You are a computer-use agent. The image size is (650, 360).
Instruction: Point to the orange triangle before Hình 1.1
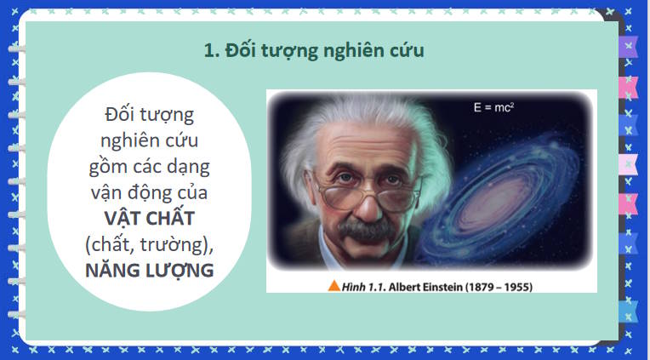click(334, 286)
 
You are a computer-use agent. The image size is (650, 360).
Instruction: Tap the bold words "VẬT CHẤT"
click(149, 219)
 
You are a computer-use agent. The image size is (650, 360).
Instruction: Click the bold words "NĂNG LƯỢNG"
click(149, 271)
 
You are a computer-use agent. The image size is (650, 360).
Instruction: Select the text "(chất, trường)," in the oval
click(149, 245)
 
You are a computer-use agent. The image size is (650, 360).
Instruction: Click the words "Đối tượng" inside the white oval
click(149, 113)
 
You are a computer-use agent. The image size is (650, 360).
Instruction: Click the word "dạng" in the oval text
click(192, 166)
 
